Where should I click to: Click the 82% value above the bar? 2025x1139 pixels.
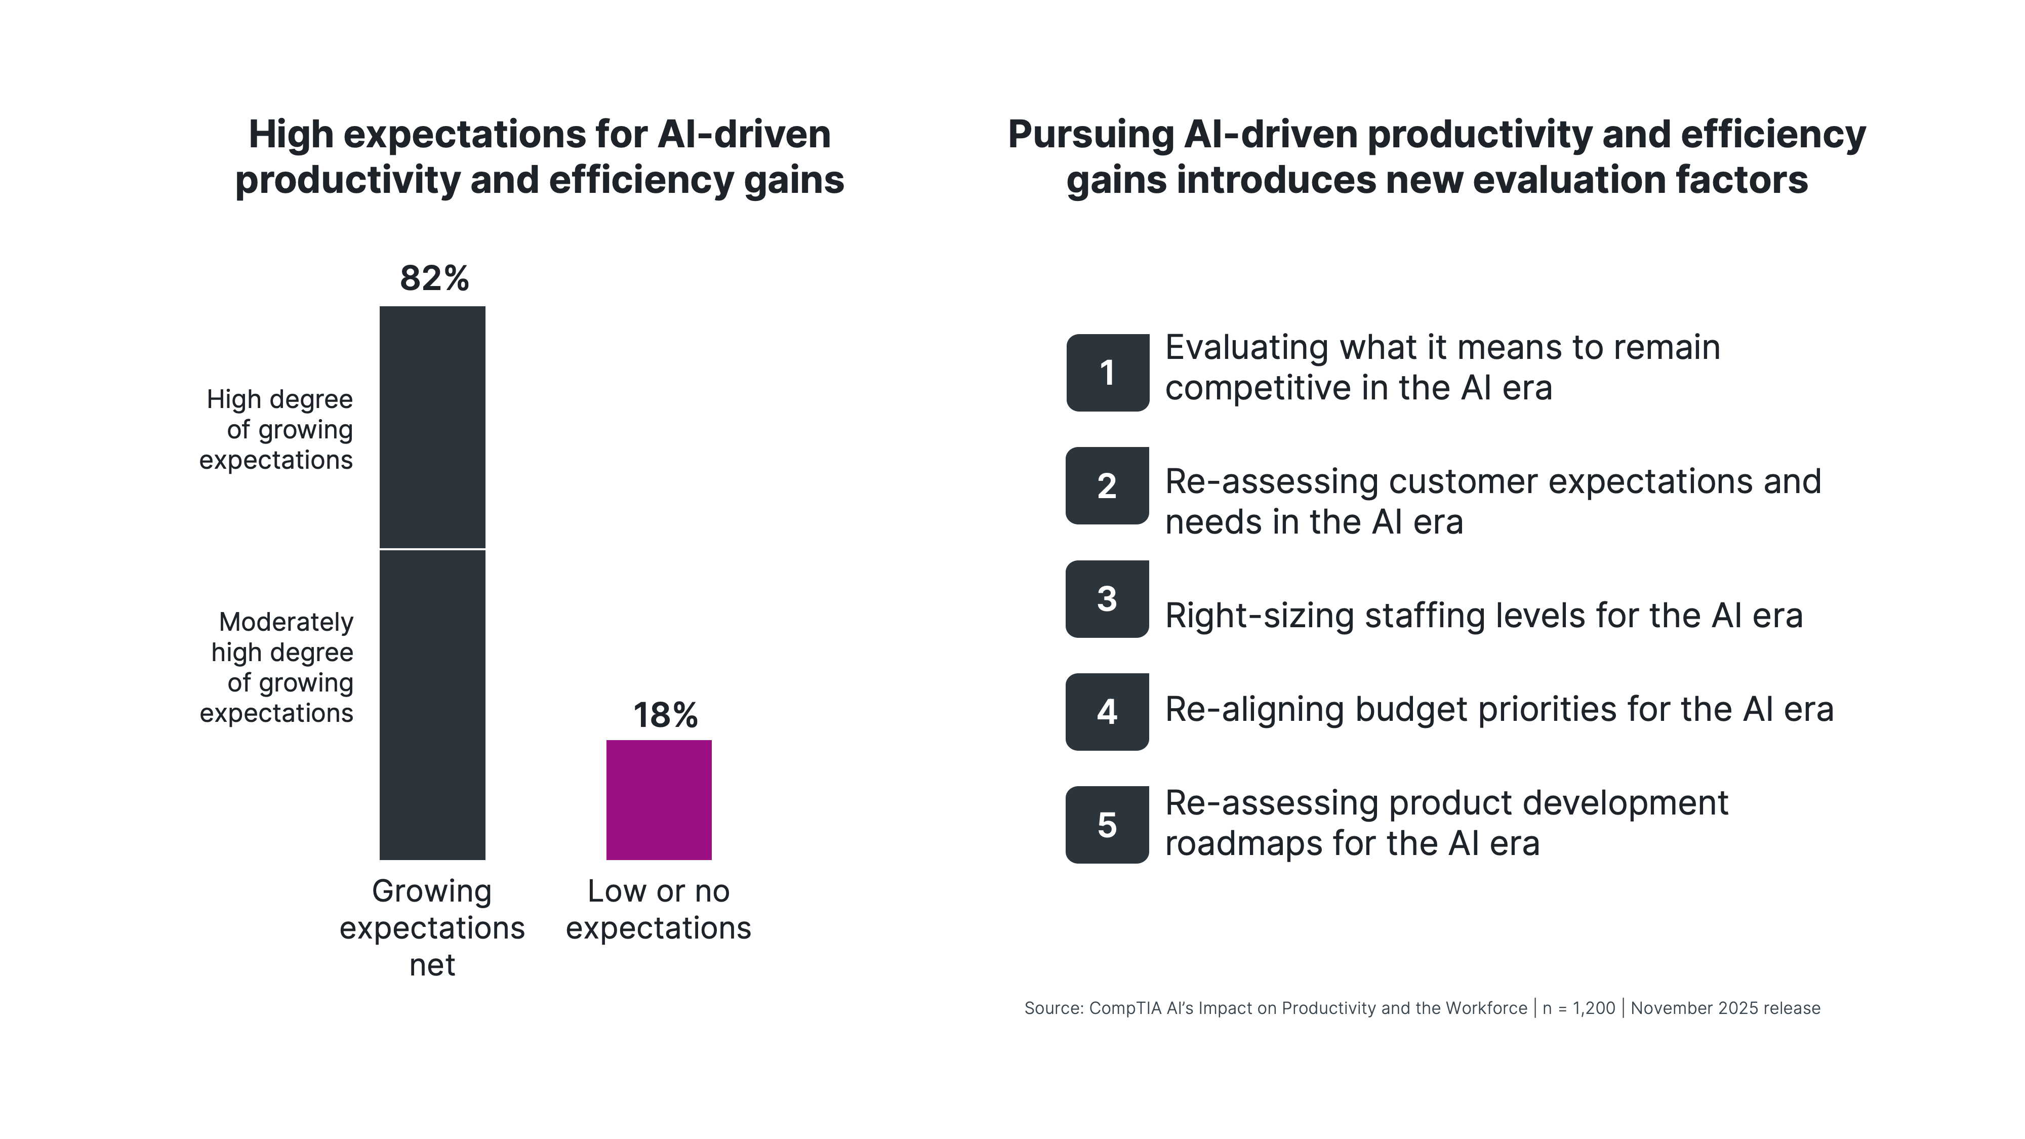click(434, 278)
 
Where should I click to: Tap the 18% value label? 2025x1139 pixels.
click(665, 715)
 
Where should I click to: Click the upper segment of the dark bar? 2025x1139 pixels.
click(432, 427)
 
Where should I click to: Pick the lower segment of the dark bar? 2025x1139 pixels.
click(432, 704)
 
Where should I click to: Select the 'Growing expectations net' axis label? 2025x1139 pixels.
click(432, 927)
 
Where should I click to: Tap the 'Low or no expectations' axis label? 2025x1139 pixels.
click(659, 910)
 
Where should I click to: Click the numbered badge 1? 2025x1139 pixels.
click(1107, 373)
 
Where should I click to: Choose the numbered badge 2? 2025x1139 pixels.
click(1107, 486)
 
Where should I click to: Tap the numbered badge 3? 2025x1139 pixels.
click(1107, 599)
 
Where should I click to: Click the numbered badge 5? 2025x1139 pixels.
click(1107, 825)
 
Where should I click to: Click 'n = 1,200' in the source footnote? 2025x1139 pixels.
click(1578, 1008)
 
